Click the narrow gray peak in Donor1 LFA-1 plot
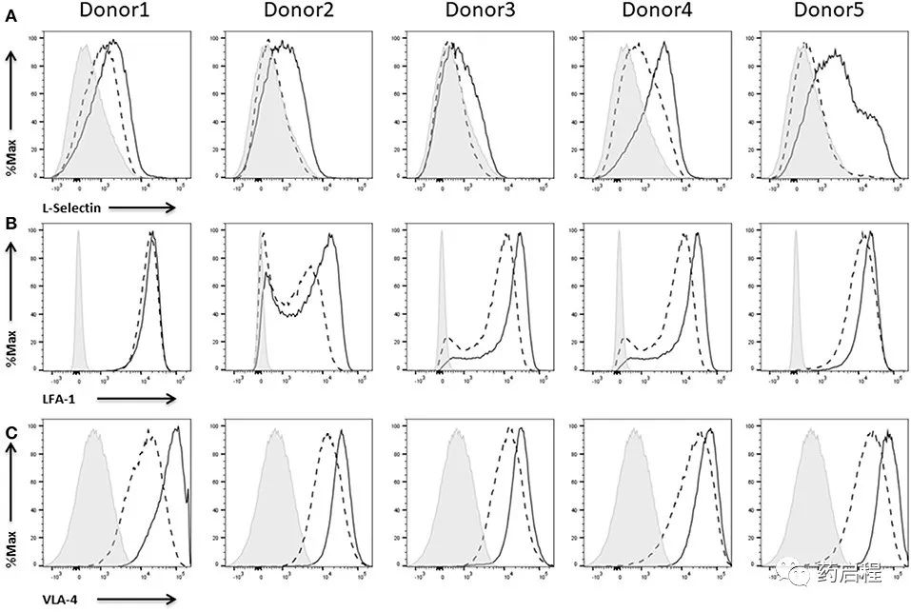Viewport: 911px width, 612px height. [x=79, y=305]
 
